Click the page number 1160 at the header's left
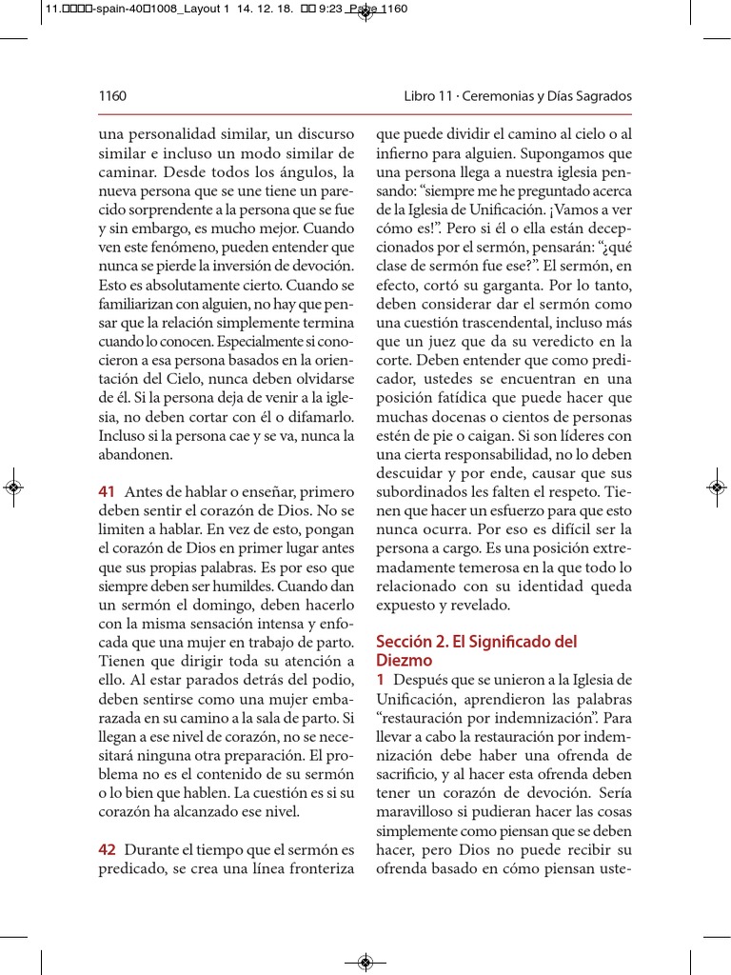pos(112,96)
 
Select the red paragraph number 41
pos(107,491)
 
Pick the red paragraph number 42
pos(107,849)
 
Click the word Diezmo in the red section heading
pos(405,661)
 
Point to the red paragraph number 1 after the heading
pos(381,680)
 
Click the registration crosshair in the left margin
pos(13,487)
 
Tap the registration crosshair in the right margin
pos(717,487)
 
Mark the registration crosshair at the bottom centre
pos(365,962)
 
